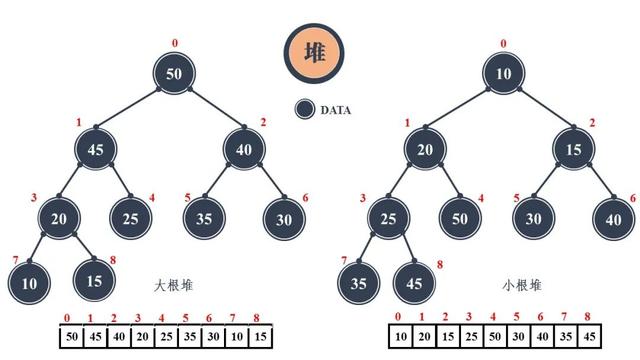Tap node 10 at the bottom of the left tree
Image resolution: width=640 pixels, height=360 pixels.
coord(29,283)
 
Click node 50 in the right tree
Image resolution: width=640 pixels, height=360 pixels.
coord(458,217)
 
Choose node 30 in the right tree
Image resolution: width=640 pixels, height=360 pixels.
coord(534,217)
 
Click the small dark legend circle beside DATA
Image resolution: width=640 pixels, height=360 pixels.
coord(306,110)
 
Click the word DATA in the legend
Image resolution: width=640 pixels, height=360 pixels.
coord(336,110)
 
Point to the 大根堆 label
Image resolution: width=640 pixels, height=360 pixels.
coord(175,285)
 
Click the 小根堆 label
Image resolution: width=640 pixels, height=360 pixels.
coord(521,285)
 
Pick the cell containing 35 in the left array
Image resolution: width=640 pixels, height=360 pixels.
coord(190,336)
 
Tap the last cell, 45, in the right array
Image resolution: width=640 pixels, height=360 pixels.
coord(590,336)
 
